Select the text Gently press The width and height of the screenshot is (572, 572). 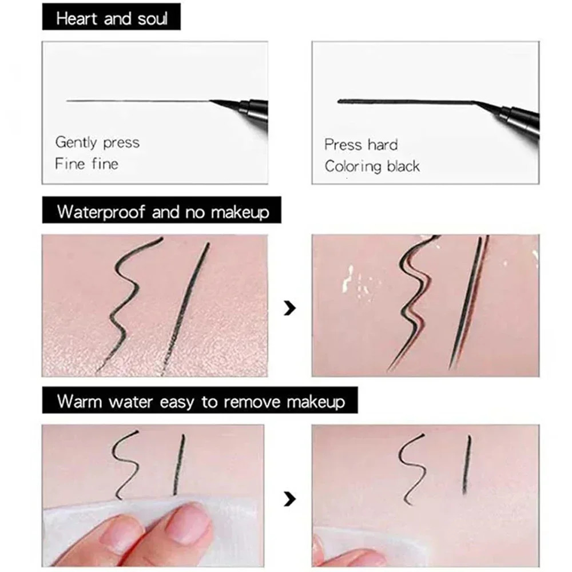tap(97, 142)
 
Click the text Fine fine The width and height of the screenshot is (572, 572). tap(86, 164)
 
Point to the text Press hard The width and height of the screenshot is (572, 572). tap(360, 145)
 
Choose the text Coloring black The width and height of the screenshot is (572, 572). tap(372, 166)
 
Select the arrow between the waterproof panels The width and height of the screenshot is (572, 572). tap(291, 309)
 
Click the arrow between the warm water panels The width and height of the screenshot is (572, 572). tap(291, 499)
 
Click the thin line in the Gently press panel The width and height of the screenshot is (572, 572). tap(137, 101)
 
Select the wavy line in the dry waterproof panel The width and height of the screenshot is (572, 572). tap(126, 303)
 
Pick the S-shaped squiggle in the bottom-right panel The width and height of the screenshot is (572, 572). tap(412, 469)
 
